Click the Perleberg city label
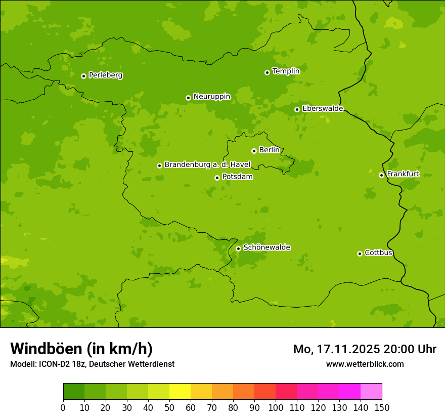(x=105, y=75)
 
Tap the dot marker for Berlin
(x=254, y=151)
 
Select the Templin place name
(x=286, y=71)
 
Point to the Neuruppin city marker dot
(x=188, y=98)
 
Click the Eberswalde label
(x=323, y=109)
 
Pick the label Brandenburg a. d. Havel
(x=207, y=165)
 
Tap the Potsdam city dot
(x=217, y=178)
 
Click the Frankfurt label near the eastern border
(x=403, y=174)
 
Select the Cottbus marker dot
(x=360, y=254)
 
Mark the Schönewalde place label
(x=266, y=247)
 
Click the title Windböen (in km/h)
(x=81, y=349)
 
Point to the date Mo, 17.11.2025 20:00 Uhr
(x=365, y=349)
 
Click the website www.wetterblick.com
(x=365, y=364)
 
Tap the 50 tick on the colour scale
(x=169, y=407)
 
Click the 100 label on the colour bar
(x=276, y=407)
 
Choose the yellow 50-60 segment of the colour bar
(x=180, y=392)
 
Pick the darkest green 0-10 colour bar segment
(x=74, y=392)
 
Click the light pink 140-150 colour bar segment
(x=371, y=392)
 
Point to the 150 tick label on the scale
(x=382, y=407)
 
